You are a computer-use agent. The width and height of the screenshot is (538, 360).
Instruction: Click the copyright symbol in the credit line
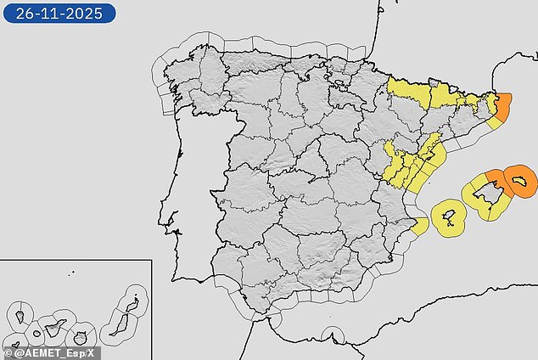point(8,352)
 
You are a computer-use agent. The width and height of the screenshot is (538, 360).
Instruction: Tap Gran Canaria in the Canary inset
point(82,335)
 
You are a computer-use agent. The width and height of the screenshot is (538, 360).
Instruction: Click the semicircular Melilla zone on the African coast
point(332,336)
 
